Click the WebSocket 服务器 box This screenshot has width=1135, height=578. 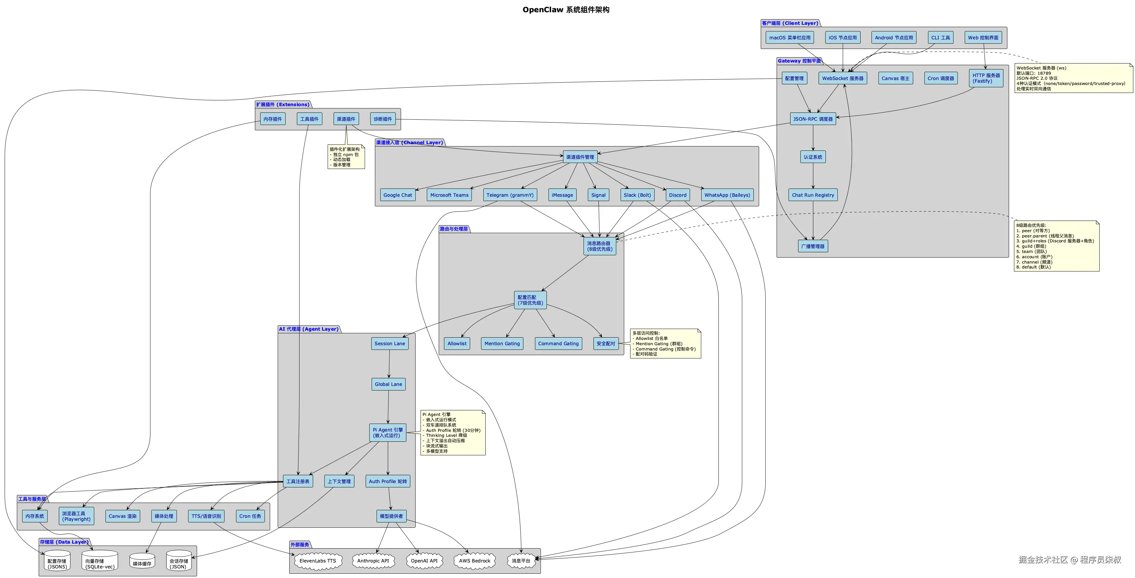click(x=842, y=78)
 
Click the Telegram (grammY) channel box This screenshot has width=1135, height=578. click(x=510, y=195)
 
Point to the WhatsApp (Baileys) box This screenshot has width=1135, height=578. click(x=727, y=195)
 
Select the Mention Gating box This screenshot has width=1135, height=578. click(x=502, y=343)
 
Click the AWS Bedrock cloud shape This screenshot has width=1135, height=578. click(x=474, y=561)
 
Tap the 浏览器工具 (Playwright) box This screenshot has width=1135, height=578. click(x=76, y=516)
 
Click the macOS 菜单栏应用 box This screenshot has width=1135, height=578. click(x=789, y=37)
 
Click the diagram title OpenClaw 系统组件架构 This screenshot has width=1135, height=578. click(x=566, y=10)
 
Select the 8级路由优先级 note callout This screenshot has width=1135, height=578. click(x=1056, y=246)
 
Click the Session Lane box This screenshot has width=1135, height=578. click(x=389, y=343)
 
